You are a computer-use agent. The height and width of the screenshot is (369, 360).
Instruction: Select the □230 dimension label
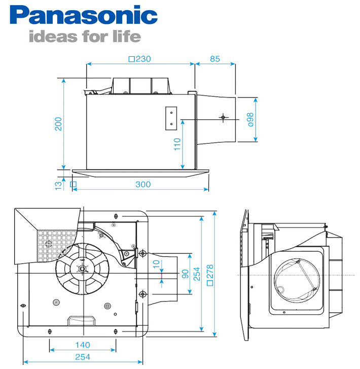tap(140, 59)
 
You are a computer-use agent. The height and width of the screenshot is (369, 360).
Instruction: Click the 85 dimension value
tap(215, 59)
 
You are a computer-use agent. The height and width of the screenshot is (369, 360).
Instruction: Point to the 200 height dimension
tap(59, 124)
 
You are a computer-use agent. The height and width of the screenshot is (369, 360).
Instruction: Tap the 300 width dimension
tap(143, 184)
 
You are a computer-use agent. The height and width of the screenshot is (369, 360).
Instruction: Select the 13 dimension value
tap(59, 185)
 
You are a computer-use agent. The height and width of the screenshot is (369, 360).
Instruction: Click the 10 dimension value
tap(156, 264)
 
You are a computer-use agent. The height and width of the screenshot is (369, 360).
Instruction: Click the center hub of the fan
tap(81, 270)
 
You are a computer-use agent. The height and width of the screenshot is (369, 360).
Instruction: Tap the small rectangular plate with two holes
tap(171, 118)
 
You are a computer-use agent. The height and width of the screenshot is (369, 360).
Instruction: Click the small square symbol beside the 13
tap(73, 184)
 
